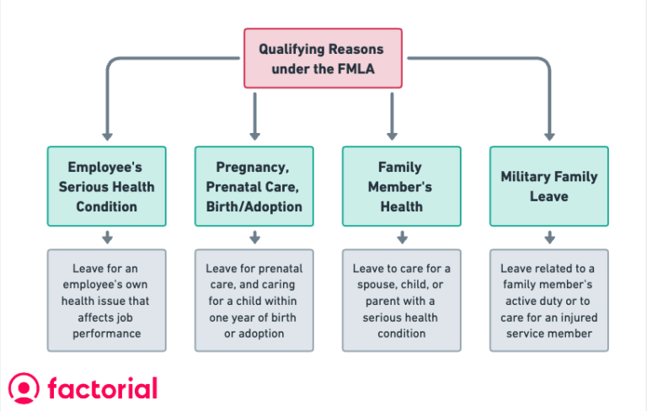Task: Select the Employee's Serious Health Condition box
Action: (x=106, y=186)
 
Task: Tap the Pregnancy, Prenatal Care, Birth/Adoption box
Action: (x=254, y=186)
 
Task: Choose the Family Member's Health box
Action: (x=401, y=186)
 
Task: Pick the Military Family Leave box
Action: (x=548, y=186)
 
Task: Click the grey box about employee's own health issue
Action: (x=106, y=301)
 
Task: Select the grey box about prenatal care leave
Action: (x=254, y=301)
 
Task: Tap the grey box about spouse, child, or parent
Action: (x=401, y=301)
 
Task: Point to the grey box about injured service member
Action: (x=548, y=301)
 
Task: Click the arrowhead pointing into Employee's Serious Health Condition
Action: (x=106, y=134)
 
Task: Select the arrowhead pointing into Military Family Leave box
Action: (x=549, y=134)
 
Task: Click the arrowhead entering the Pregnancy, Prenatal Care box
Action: (x=254, y=134)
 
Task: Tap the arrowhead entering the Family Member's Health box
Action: (x=392, y=134)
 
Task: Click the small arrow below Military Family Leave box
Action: (x=549, y=238)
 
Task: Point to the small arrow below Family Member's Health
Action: (x=401, y=238)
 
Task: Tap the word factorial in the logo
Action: (x=103, y=388)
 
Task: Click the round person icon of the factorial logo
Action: (x=24, y=388)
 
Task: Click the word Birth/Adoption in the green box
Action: (x=254, y=206)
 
